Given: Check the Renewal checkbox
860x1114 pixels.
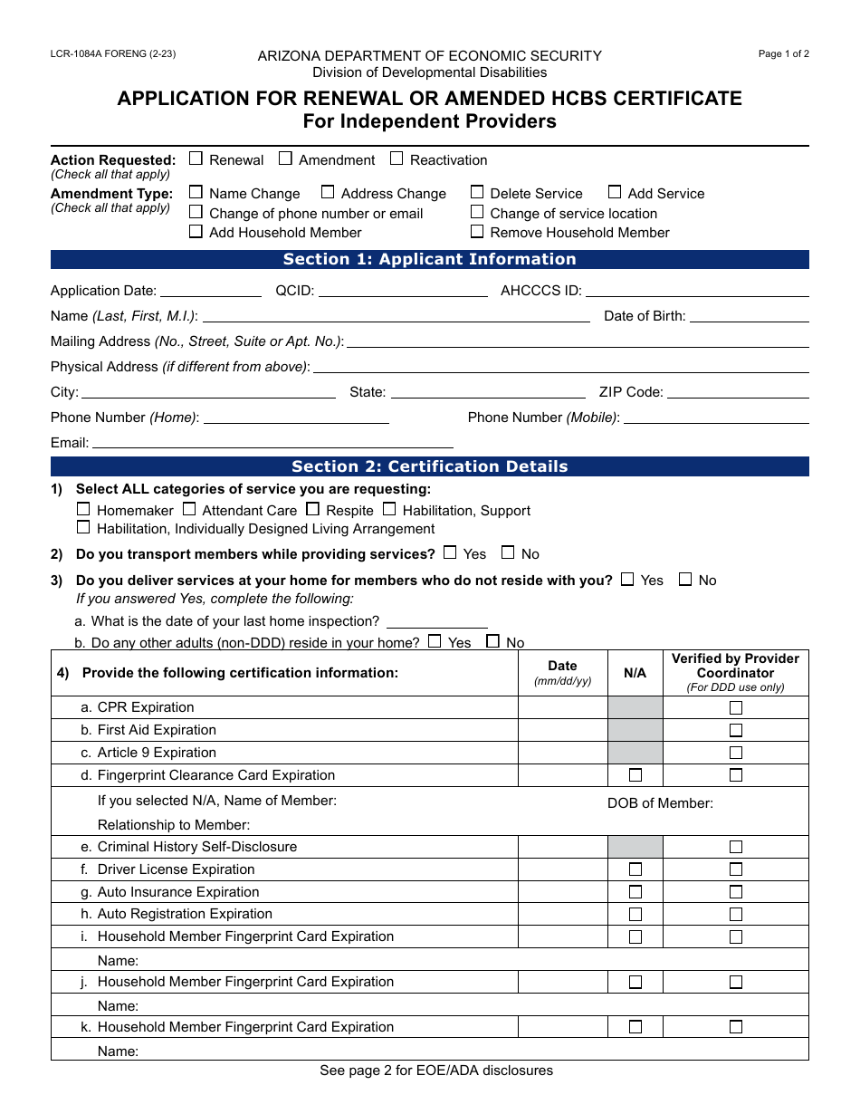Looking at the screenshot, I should pyautogui.click(x=196, y=158).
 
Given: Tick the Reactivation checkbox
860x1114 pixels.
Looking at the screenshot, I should pyautogui.click(x=397, y=158).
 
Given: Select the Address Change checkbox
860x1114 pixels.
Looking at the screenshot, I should pyautogui.click(x=328, y=192).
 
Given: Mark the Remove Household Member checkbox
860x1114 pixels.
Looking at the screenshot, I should pyautogui.click(x=477, y=231).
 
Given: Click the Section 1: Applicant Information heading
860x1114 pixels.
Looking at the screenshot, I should pyautogui.click(x=429, y=260).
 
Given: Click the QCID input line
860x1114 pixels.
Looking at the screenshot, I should pyautogui.click(x=403, y=290).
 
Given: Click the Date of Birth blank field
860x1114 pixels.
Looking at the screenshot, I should pyautogui.click(x=749, y=315).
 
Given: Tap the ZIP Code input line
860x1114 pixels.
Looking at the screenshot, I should pyautogui.click(x=738, y=391).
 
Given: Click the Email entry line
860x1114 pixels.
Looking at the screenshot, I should pyautogui.click(x=272, y=442).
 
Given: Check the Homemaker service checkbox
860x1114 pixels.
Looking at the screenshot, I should pyautogui.click(x=83, y=509).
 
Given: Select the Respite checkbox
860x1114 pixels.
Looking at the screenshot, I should pyautogui.click(x=312, y=509).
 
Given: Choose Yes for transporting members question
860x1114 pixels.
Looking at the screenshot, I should pyautogui.click(x=450, y=552).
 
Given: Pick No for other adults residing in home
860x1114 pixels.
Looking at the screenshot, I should pyautogui.click(x=492, y=641).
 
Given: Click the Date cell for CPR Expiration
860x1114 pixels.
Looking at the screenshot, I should pyautogui.click(x=562, y=707).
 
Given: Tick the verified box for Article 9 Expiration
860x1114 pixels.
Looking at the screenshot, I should pyautogui.click(x=736, y=753).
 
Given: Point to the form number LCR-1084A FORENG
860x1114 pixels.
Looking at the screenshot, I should pyautogui.click(x=113, y=53).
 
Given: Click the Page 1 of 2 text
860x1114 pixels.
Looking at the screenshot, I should pyautogui.click(x=783, y=53).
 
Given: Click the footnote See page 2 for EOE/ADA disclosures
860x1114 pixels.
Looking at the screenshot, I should pyautogui.click(x=435, y=1071).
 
